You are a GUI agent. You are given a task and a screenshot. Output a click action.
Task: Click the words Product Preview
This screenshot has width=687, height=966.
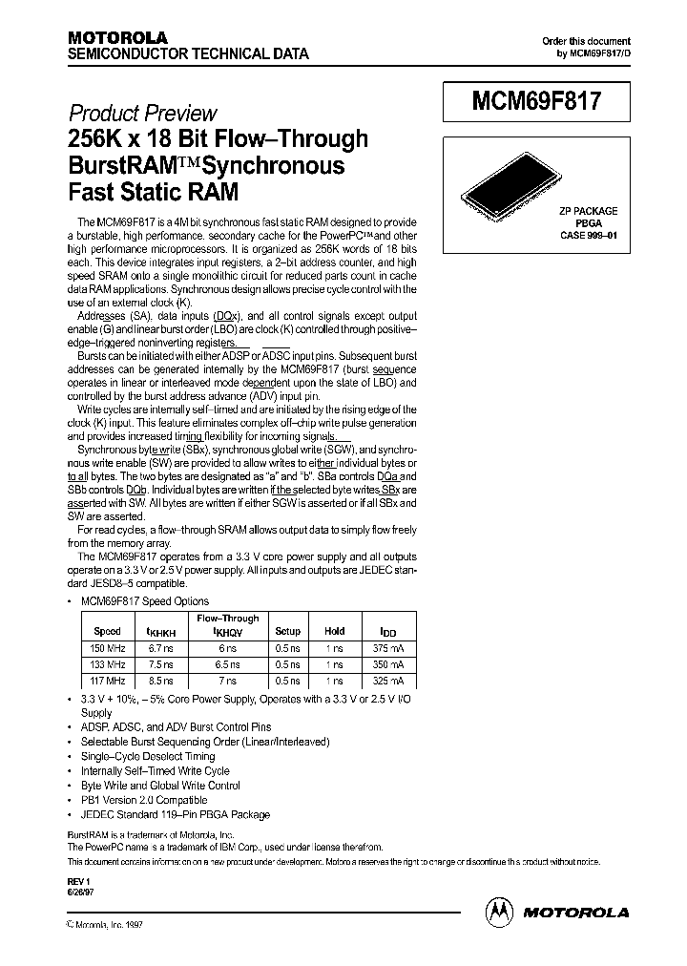click(141, 113)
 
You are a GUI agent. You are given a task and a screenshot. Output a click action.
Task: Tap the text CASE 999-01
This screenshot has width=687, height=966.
click(588, 234)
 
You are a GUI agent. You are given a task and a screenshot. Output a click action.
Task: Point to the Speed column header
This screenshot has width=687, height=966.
click(108, 631)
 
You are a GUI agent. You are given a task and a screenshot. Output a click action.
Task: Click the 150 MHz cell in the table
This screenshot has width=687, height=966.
click(109, 648)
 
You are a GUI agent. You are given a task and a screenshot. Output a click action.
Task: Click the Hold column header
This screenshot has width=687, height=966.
click(335, 631)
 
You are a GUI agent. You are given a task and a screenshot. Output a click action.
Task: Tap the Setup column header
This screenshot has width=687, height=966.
click(287, 631)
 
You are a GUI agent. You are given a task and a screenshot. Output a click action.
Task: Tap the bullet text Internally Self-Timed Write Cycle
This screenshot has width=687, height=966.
click(155, 770)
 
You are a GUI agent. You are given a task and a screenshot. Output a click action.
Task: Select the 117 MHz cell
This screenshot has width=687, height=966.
click(109, 681)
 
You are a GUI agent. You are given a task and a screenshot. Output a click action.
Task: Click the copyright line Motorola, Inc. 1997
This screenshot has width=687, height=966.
click(108, 925)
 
